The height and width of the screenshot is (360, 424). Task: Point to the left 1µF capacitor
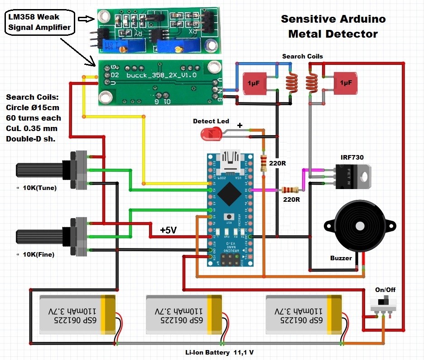pyautogui.click(x=256, y=83)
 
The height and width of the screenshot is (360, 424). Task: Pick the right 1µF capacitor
pyautogui.click(x=346, y=83)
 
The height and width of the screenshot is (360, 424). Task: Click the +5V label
pyautogui.click(x=168, y=230)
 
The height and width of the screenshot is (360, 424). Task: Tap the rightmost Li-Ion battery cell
pyautogui.click(x=304, y=314)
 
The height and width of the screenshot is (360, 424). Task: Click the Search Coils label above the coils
pyautogui.click(x=303, y=56)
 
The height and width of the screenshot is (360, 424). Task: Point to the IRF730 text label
pyautogui.click(x=352, y=157)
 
